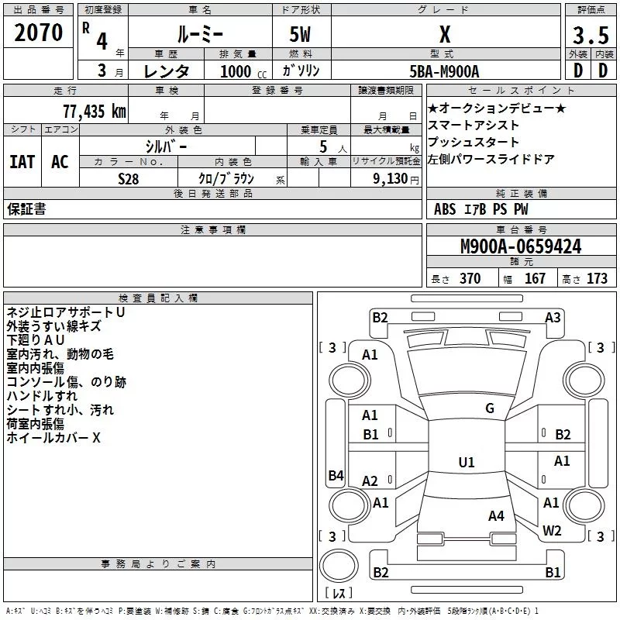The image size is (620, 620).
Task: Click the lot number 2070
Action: (39, 33)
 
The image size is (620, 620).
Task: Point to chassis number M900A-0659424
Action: (521, 246)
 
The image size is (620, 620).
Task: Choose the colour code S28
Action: (129, 177)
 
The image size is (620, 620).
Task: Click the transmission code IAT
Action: (22, 161)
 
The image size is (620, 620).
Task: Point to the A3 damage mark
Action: (553, 317)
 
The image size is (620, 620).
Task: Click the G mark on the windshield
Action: (490, 408)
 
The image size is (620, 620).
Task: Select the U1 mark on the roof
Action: (467, 462)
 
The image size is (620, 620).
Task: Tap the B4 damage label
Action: (336, 475)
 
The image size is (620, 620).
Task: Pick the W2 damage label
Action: (552, 530)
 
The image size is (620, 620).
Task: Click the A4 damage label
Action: (496, 515)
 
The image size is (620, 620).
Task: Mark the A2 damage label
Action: (370, 480)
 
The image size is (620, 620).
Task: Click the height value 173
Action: (597, 278)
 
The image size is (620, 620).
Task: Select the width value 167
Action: (536, 278)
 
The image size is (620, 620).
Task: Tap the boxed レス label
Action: (339, 593)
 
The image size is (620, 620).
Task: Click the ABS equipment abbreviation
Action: (445, 209)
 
